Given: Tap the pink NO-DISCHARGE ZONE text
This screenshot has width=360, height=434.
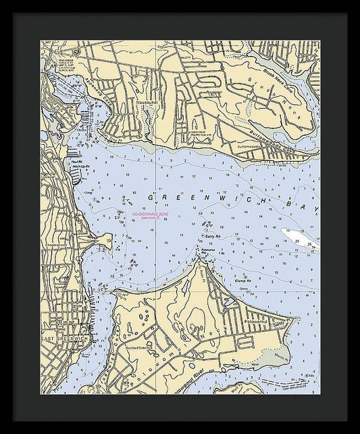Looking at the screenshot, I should [x=151, y=215].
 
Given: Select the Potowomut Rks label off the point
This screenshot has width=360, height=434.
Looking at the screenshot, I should [x=208, y=251].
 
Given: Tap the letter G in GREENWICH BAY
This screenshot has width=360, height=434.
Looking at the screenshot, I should [x=151, y=197].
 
